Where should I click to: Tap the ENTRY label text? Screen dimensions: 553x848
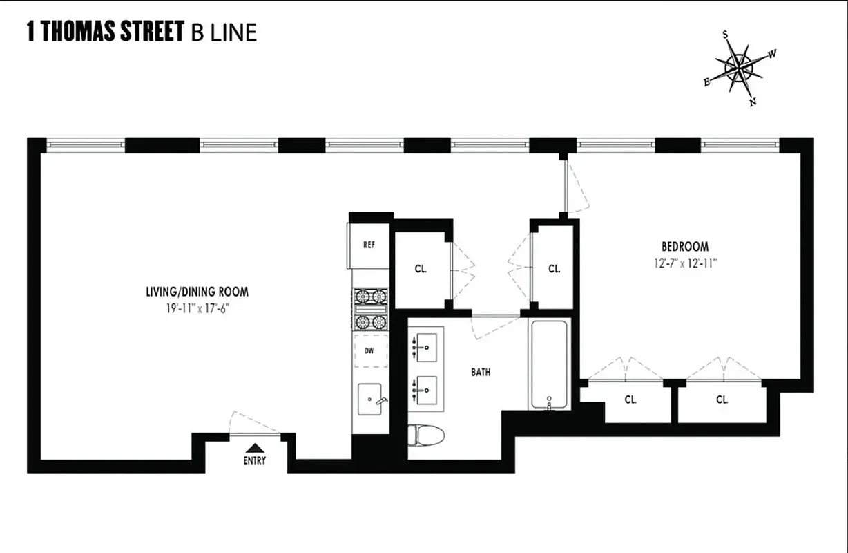254,461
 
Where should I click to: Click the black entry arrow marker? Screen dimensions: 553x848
254,447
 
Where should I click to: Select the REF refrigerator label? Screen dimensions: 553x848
369,245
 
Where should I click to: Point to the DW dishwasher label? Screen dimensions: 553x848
369,351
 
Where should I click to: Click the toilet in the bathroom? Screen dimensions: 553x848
426,435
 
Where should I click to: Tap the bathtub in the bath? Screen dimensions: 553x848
549,364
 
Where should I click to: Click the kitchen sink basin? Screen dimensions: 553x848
372,400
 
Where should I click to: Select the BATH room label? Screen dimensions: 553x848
481,372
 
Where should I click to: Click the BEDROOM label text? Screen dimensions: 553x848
684,247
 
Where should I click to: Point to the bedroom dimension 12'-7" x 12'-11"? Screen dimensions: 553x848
684,262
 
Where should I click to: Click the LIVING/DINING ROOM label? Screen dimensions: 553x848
197,292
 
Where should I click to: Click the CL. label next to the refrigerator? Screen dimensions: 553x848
421,270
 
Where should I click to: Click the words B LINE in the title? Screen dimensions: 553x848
224,32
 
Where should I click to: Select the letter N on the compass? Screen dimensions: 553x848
753,102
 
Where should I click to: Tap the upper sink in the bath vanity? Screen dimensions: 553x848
427,344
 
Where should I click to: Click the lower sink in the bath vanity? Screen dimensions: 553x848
427,392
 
